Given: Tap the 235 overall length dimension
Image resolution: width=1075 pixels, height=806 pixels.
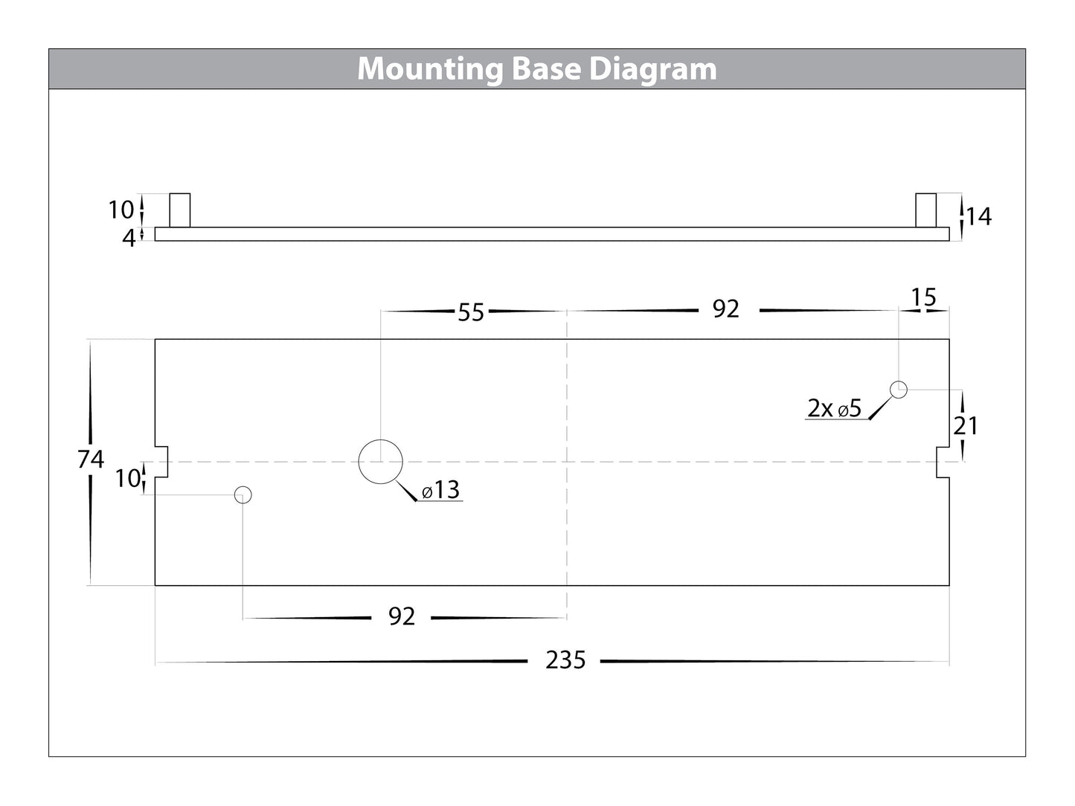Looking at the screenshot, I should [x=565, y=660].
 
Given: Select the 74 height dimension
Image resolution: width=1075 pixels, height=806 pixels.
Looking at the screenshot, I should [x=91, y=460].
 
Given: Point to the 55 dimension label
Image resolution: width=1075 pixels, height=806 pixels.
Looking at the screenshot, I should [x=471, y=312].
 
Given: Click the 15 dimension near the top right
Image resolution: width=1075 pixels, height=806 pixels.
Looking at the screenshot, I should [x=923, y=297].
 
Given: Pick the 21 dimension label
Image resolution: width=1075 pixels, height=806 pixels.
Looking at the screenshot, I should [x=966, y=425].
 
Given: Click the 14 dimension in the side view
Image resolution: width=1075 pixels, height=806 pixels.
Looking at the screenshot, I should [x=979, y=216].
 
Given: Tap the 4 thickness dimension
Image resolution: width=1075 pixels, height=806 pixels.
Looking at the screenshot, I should [x=129, y=239].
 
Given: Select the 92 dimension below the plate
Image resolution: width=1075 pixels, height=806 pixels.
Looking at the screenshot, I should [x=402, y=616].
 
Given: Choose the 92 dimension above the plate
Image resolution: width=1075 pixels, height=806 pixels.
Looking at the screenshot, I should [x=725, y=309].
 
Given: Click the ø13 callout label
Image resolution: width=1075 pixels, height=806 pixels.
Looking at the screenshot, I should [x=440, y=490].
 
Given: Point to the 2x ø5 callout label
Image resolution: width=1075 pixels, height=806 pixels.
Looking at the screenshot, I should [x=834, y=408].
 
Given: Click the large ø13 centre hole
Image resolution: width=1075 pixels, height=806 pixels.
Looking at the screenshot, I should [x=381, y=462].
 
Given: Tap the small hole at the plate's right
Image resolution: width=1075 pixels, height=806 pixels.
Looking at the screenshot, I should [x=899, y=389].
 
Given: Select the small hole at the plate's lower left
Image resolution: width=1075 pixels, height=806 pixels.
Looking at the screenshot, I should [x=243, y=494].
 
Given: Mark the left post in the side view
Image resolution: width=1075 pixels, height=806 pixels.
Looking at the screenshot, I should [x=180, y=210].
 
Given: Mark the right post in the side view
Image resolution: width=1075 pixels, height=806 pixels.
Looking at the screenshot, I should [x=925, y=210].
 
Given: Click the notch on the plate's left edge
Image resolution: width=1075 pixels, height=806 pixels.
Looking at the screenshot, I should [x=161, y=462].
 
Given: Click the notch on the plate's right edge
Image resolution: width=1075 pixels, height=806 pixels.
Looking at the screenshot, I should [x=943, y=462].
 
